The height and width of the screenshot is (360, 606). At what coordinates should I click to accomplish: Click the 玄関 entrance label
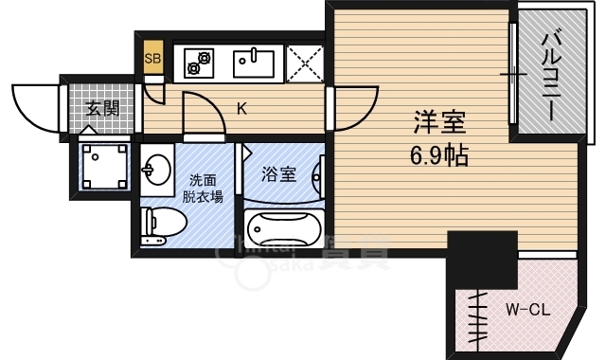point(102,107)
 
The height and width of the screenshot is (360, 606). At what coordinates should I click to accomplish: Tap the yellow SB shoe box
point(153,58)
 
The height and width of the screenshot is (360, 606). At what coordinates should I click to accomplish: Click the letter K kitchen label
point(241,108)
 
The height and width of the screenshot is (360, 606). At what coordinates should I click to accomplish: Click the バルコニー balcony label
point(549,76)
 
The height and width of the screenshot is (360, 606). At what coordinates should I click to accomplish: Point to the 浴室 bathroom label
point(278,173)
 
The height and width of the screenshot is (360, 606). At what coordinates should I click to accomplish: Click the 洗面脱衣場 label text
point(204,189)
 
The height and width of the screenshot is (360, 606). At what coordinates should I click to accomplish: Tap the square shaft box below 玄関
point(104,166)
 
